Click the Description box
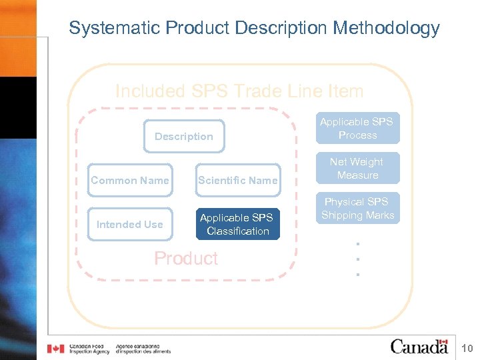[184, 136]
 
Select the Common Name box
[130, 180]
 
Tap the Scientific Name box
[238, 180]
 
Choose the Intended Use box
[130, 224]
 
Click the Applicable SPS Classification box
[238, 224]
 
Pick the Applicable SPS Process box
[357, 128]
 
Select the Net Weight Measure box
[357, 168]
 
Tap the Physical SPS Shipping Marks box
[357, 208]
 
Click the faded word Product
[186, 259]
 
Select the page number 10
[467, 347]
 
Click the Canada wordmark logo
[419, 347]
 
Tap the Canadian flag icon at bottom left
[55, 349]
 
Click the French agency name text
[143, 349]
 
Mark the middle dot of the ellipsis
[357, 259]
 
